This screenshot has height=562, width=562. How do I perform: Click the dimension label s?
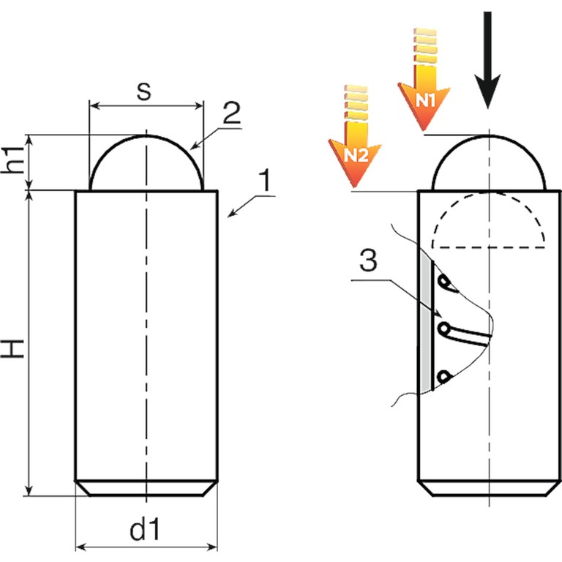145,91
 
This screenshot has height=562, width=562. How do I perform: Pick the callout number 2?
231,113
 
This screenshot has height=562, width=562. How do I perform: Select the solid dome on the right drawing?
489,165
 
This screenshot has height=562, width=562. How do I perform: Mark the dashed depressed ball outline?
489,223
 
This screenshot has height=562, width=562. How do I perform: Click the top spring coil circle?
444,281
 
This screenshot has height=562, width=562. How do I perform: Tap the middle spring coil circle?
443,329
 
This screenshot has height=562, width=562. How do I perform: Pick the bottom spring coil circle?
443,376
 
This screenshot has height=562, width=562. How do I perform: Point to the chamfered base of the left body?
146,487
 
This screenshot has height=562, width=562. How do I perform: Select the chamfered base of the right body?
488,487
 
